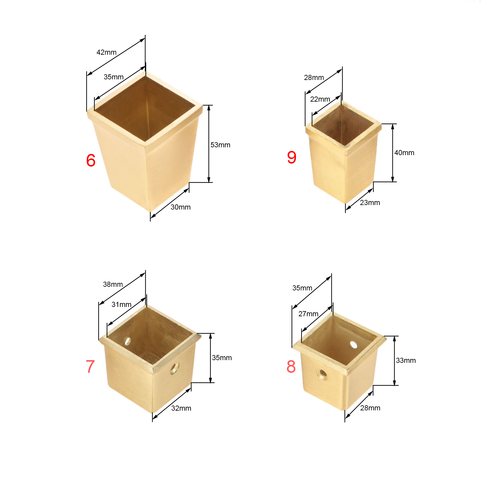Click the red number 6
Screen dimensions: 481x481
91,160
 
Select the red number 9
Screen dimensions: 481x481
292,157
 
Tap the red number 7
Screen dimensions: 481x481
90,366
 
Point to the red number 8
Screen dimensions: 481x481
291,366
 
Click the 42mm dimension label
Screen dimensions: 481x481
106,52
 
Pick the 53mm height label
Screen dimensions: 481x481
220,145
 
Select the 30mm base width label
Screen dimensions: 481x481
181,207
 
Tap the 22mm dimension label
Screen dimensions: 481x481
320,99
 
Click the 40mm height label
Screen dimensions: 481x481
404,153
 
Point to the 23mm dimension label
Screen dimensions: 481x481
370,203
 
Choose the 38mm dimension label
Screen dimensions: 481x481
113,284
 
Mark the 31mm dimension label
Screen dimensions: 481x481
121,305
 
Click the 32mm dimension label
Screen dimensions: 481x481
181,408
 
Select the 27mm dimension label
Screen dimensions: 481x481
308,314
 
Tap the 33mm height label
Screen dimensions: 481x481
406,360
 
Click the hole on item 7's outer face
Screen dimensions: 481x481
174,368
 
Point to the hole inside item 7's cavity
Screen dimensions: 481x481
128,341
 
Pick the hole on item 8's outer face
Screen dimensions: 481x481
323,375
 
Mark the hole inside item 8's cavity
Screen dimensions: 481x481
354,345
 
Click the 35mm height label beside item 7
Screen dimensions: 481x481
222,358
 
